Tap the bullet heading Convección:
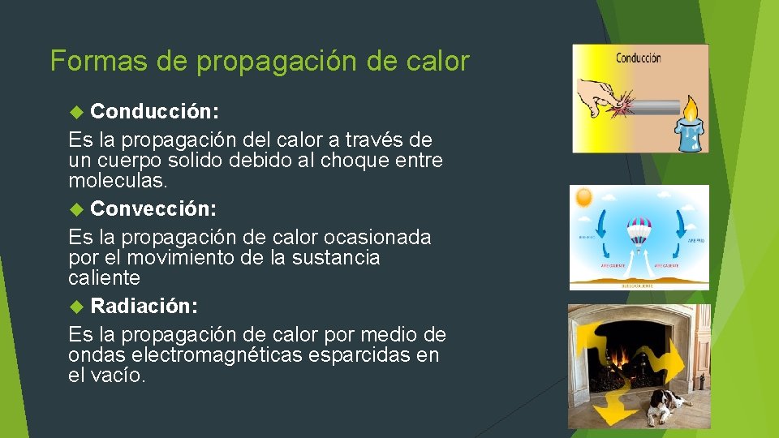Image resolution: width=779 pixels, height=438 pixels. tap(153, 209)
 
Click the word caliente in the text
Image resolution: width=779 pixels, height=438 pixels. tap(105, 277)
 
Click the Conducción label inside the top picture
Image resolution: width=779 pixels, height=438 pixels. tap(638, 58)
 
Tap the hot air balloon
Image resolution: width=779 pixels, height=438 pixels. tap(639, 232)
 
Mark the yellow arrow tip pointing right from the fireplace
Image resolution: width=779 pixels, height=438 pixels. tap(703, 357)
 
